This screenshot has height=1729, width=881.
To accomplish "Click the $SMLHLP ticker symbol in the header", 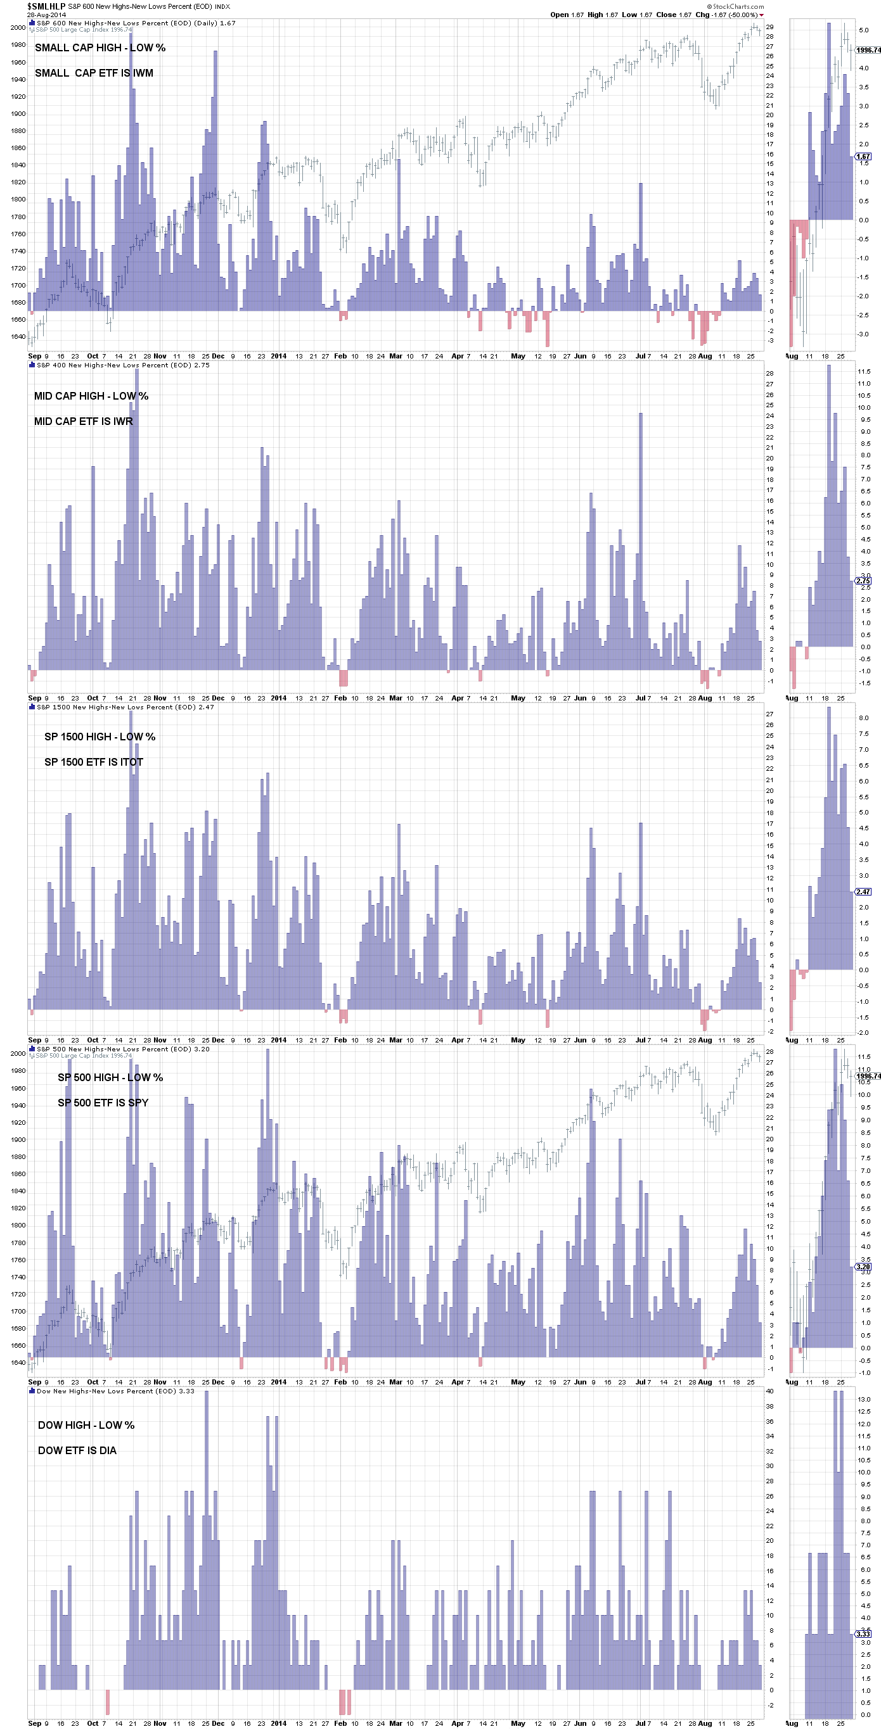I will (46, 6).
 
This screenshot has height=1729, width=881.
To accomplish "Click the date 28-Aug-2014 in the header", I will (46, 14).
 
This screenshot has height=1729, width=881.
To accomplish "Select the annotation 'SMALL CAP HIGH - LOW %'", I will (100, 47).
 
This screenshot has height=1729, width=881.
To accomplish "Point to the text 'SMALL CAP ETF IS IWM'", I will (94, 73).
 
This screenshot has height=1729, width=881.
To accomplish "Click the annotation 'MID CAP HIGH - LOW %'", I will (91, 396).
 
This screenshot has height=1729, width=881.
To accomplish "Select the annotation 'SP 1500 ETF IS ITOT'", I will (93, 762).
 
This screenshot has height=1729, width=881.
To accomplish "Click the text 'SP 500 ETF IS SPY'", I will (103, 1103).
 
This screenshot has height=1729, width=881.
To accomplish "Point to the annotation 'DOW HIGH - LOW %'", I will (86, 1425).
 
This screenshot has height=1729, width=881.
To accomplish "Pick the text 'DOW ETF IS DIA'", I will (77, 1450).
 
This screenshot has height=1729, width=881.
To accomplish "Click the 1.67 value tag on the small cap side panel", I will (863, 156).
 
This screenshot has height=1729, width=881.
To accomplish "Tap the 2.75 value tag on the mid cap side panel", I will (863, 581).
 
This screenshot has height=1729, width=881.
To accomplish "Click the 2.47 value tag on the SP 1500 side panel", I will (863, 891).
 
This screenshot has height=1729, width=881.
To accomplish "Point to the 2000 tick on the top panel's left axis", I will (18, 27).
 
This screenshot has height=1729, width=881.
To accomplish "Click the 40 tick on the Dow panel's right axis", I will (769, 1391).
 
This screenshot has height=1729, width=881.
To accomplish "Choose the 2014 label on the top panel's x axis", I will (278, 357).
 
